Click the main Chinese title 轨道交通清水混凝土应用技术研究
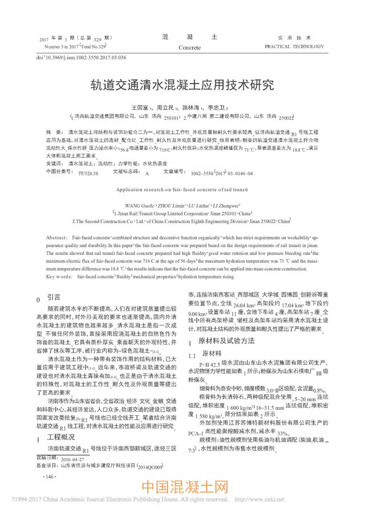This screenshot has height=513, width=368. (183, 84)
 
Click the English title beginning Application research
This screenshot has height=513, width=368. (183, 191)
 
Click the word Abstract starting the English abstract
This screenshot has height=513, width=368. (56, 237)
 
